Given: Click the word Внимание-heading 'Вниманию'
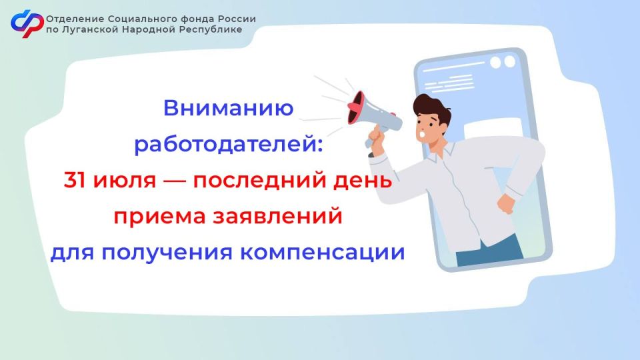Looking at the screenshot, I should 229,108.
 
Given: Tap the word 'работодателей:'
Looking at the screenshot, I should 228,144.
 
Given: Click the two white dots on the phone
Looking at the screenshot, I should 504,62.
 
